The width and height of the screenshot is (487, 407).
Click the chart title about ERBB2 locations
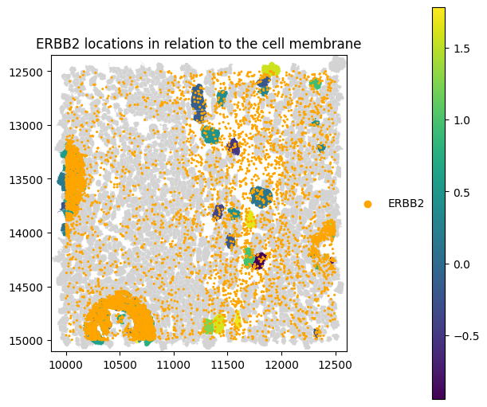198,45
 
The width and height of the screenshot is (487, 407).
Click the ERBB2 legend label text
406,204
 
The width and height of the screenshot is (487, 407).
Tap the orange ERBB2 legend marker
367,204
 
